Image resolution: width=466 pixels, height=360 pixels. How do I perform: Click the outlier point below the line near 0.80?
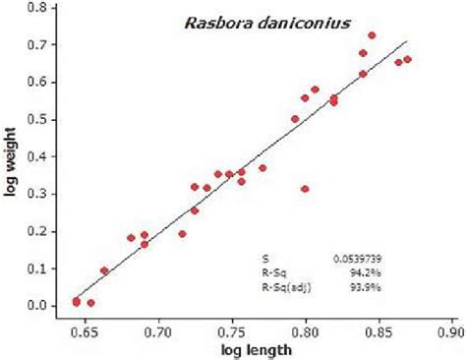pos(305,189)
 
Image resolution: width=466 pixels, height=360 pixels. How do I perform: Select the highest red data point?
pos(372,35)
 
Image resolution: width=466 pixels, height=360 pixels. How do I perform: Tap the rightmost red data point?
pos(408,59)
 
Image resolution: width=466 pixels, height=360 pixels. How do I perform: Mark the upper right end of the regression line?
pos(406,41)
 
